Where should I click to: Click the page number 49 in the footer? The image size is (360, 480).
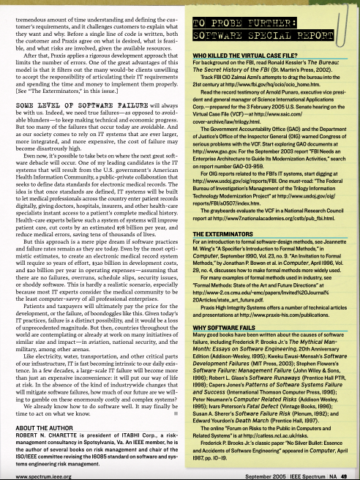[x=353, y=476]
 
